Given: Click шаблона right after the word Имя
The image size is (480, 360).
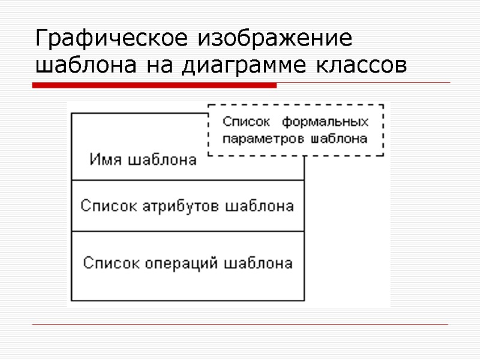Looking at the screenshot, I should [x=159, y=160].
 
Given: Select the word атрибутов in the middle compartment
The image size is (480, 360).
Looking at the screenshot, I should [x=182, y=206].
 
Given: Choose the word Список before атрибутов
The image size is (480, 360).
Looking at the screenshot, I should [x=110, y=206].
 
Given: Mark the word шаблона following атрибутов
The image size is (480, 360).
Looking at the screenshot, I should [x=259, y=206].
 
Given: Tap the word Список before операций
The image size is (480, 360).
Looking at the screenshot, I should [x=112, y=263].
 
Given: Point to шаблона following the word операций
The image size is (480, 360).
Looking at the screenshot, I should [x=259, y=263].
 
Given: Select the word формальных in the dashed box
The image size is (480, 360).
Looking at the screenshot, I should [x=325, y=122].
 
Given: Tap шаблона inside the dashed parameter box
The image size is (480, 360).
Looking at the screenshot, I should [x=339, y=139].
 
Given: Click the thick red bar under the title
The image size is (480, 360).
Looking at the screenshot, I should [x=154, y=86].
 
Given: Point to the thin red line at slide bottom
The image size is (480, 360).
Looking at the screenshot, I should [x=240, y=325].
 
